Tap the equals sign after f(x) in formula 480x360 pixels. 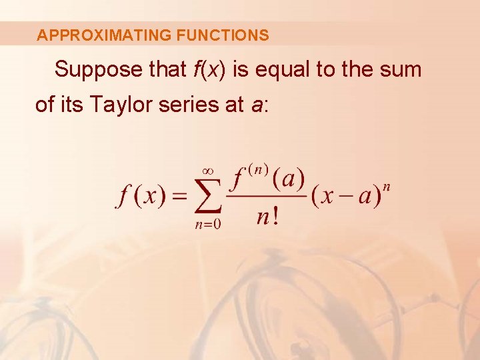point(179,197)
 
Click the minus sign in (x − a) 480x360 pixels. point(345,197)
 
